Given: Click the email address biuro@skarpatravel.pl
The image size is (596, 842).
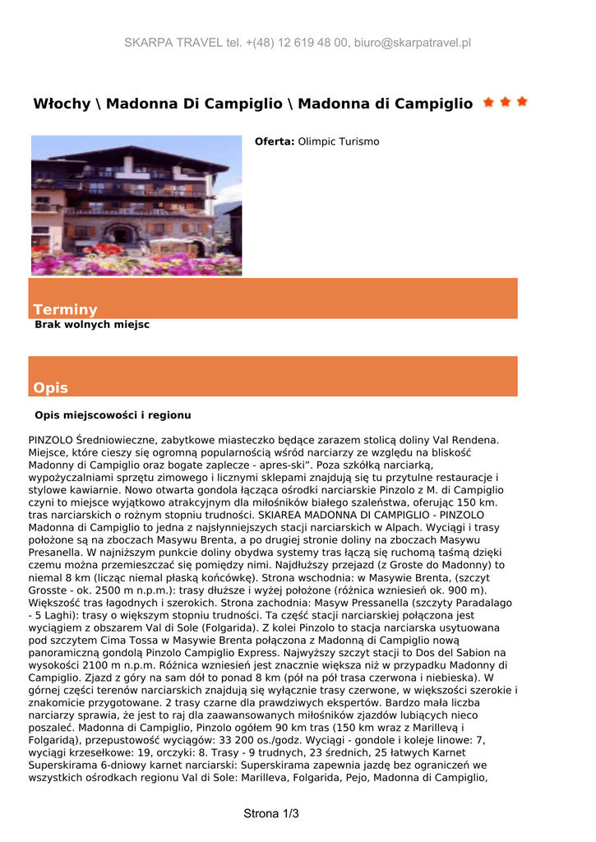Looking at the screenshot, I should tap(412, 43).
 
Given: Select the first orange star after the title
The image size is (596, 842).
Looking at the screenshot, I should tap(489, 102).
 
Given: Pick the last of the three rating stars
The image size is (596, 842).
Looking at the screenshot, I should tap(522, 102).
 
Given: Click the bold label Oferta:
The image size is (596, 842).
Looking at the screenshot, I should tap(275, 141).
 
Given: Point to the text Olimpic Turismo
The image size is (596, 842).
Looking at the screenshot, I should tap(339, 141).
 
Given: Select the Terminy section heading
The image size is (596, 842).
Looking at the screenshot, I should tap(65, 309).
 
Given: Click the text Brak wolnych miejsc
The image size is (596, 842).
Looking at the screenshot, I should tap(92, 325).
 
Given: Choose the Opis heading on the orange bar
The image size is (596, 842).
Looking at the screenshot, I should tap(51, 387).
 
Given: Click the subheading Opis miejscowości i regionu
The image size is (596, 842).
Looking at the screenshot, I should tap(113, 415).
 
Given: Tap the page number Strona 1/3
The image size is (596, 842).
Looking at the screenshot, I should tap(271, 814).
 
